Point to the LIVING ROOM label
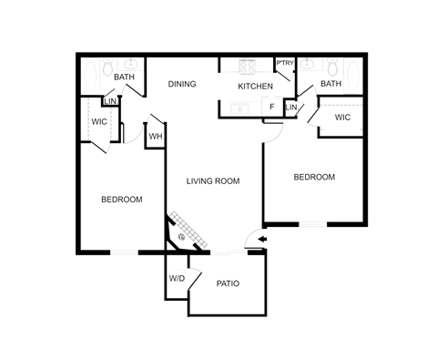coord(212,181)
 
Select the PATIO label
coord(228,283)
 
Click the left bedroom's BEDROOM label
coord(121,199)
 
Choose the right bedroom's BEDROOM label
coord(315,177)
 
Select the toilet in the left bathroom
coord(108,67)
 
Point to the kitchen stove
coord(247,67)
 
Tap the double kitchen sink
coord(240,109)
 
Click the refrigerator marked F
coord(272,108)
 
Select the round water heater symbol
coord(156,137)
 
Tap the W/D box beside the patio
coord(176,279)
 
